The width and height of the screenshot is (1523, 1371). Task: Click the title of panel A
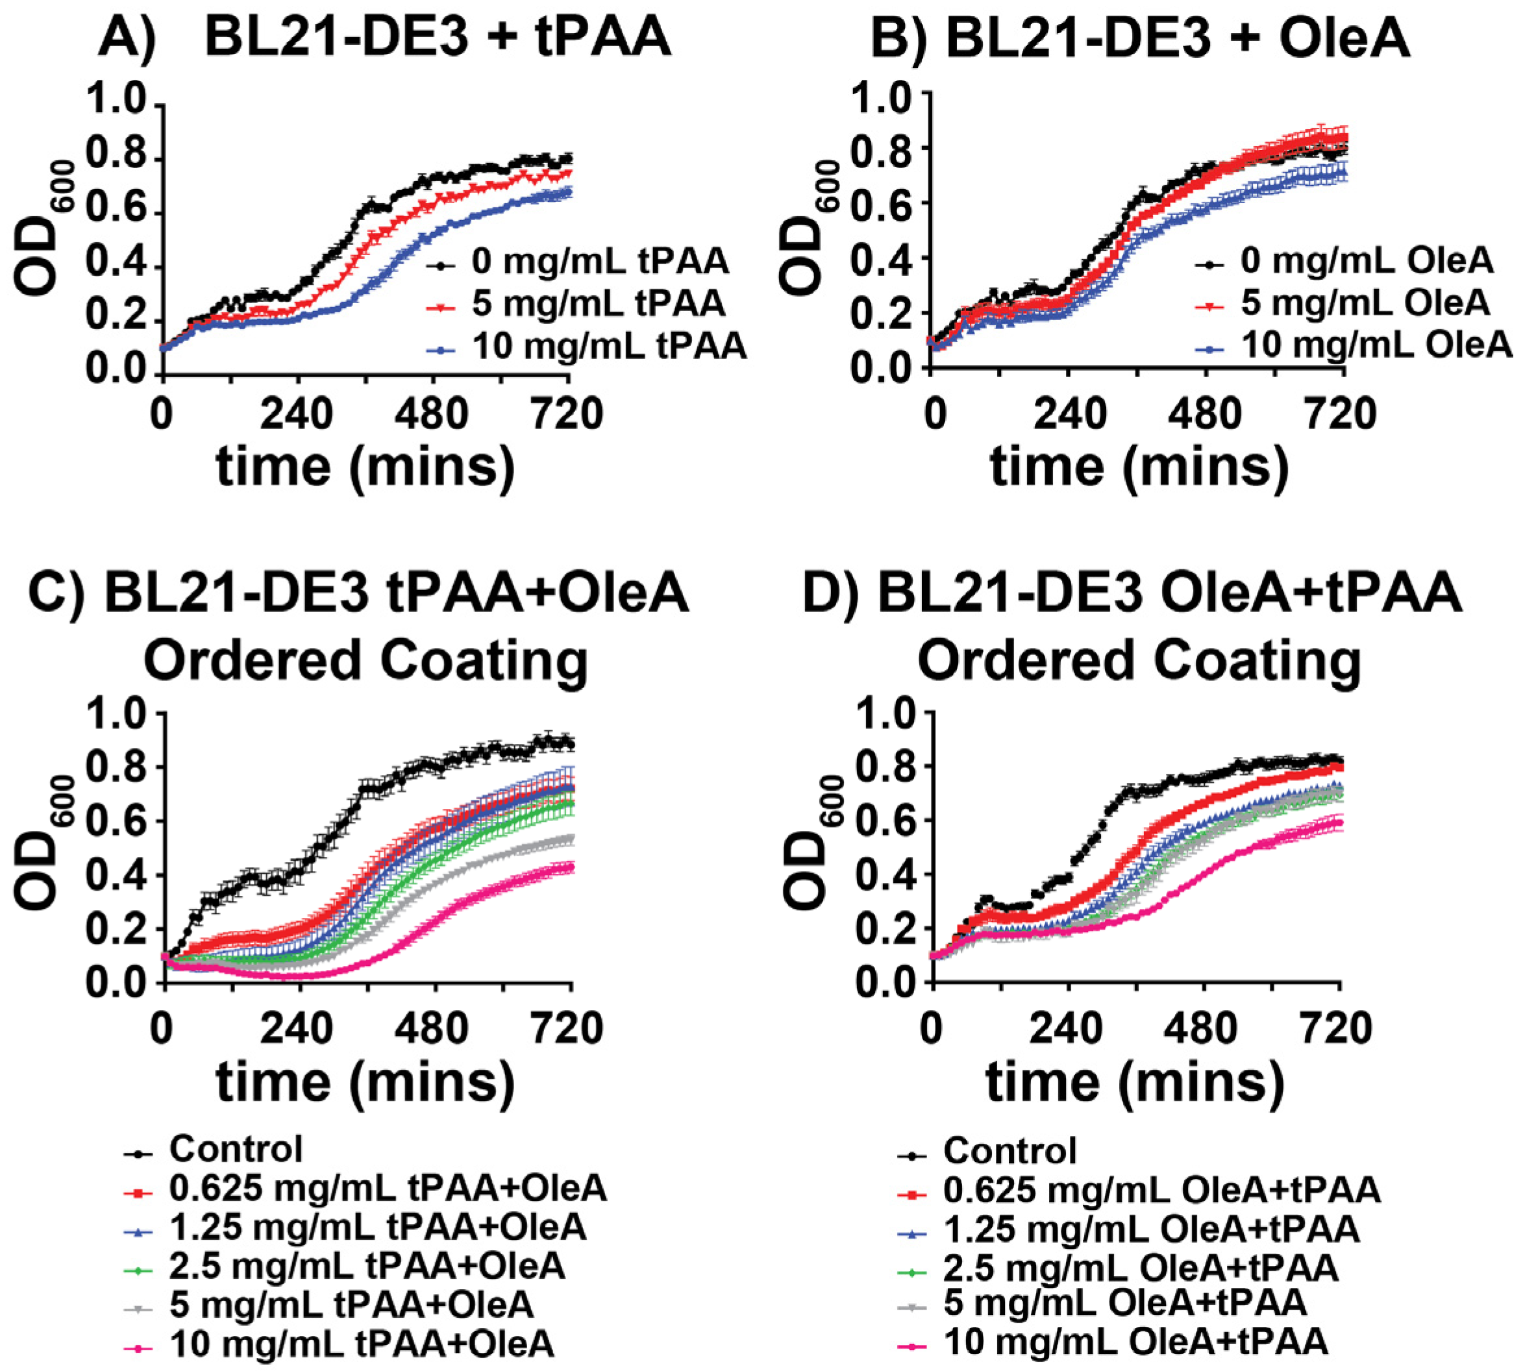[x=384, y=36]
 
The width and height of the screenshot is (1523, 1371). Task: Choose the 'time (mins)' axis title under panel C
[x=366, y=1083]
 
